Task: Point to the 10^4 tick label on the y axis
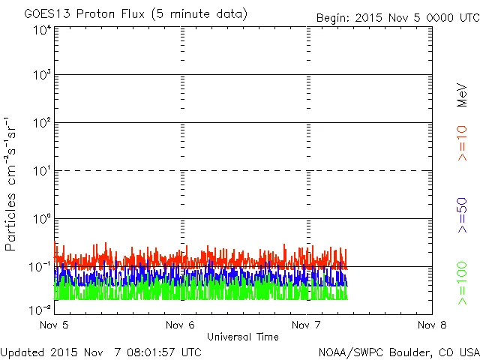pyautogui.click(x=42, y=30)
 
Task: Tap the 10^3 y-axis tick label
pyautogui.click(x=42, y=74)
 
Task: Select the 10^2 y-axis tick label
pyautogui.click(x=42, y=122)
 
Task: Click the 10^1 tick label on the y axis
pyautogui.click(x=42, y=170)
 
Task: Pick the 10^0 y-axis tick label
pyautogui.click(x=42, y=218)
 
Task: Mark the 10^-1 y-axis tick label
pyautogui.click(x=40, y=266)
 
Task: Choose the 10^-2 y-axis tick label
pyautogui.click(x=40, y=309)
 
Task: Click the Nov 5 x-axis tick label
pyautogui.click(x=54, y=325)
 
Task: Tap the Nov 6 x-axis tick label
pyautogui.click(x=181, y=325)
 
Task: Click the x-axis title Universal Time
pyautogui.click(x=243, y=337)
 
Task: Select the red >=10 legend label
pyautogui.click(x=463, y=143)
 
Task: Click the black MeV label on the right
pyautogui.click(x=463, y=94)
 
